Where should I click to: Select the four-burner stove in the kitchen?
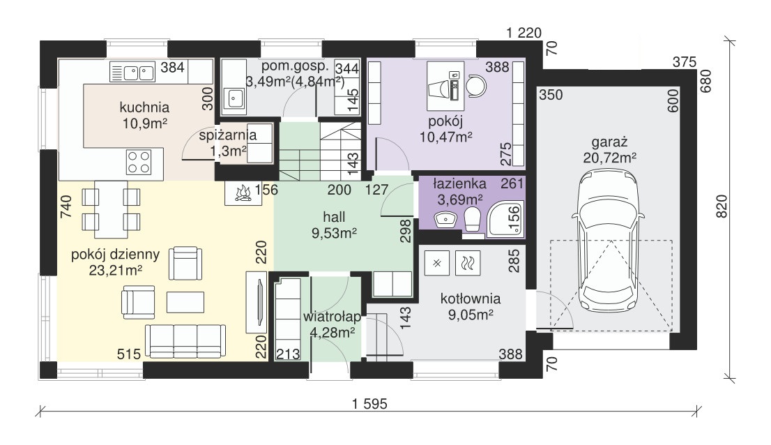point(138,163)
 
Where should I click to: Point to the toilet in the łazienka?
point(472,219)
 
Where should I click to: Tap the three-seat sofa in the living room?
point(185,341)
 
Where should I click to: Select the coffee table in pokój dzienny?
point(185,302)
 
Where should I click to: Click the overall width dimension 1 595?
point(369,404)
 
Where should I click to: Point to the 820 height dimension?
point(721,206)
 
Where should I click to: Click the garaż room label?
point(610,142)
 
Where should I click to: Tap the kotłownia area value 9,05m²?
point(471,315)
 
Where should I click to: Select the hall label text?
point(334,217)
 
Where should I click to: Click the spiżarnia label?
point(228,135)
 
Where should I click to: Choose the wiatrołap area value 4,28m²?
point(333,333)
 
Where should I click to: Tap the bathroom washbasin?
point(446,219)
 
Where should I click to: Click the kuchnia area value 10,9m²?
point(144,123)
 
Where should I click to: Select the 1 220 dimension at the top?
point(524,33)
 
